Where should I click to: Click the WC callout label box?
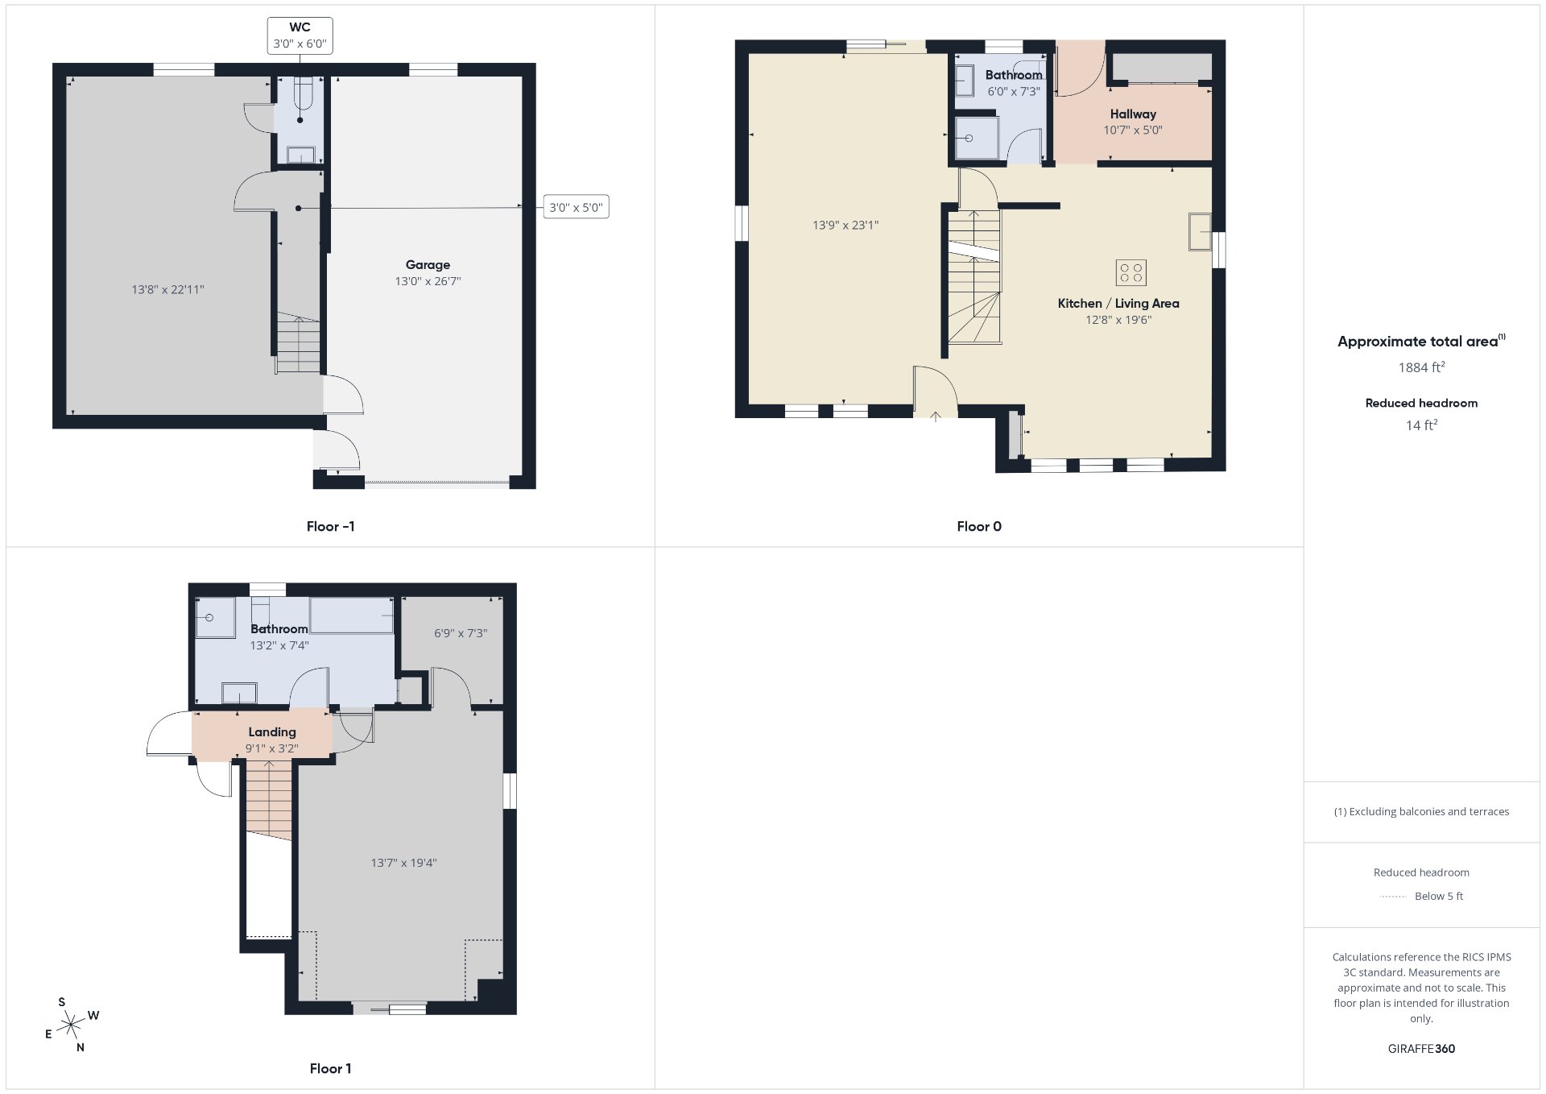tap(300, 36)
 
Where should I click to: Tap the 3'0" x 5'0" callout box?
tap(576, 207)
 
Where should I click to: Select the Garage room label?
tap(428, 265)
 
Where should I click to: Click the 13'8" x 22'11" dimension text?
tap(168, 289)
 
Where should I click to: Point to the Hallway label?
tap(1133, 114)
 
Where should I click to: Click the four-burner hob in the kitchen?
tap(1131, 272)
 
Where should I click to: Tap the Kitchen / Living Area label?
tap(1118, 304)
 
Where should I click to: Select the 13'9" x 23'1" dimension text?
tap(845, 226)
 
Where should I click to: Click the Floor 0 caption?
tap(979, 527)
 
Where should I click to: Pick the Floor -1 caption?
tap(330, 527)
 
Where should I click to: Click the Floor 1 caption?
tap(330, 1069)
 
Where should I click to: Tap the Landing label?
tap(272, 732)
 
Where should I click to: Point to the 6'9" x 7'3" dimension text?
tap(461, 633)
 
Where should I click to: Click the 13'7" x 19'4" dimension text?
tap(403, 863)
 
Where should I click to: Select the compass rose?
tap(72, 1025)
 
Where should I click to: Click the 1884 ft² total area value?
tap(1421, 367)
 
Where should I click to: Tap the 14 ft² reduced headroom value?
tap(1421, 425)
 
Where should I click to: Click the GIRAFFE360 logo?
tap(1421, 1049)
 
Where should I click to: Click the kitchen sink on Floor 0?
tap(1200, 232)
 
